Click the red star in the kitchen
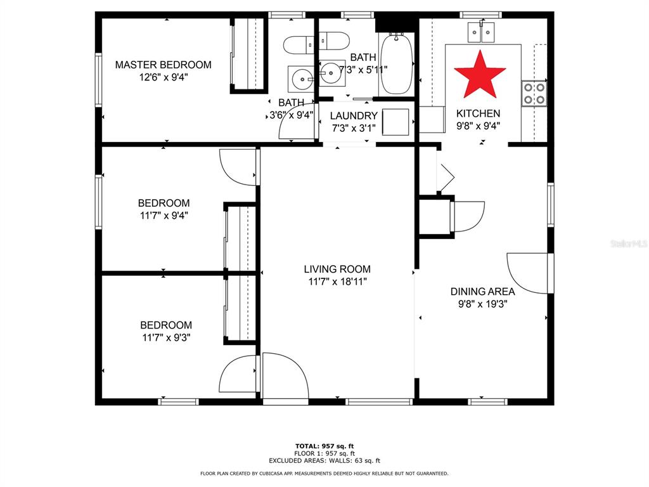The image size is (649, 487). click(x=480, y=75)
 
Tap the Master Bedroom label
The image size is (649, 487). click(x=163, y=65)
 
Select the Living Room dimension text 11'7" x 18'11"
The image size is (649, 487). click(x=337, y=282)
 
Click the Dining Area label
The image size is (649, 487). click(x=482, y=292)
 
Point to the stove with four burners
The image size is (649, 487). click(x=534, y=94)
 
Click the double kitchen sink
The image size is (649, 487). click(x=481, y=32)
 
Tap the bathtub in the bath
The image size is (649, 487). click(x=397, y=64)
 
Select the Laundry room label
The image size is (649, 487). click(x=354, y=115)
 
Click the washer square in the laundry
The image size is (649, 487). click(x=395, y=122)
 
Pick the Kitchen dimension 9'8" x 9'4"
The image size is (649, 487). click(x=478, y=126)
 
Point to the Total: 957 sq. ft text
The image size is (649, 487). click(x=324, y=446)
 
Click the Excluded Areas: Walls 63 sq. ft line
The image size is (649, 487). click(x=324, y=460)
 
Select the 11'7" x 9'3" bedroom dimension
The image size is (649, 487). click(x=166, y=337)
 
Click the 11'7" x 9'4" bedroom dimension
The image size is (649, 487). click(x=164, y=216)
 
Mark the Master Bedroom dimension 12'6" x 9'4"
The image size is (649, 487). click(x=164, y=77)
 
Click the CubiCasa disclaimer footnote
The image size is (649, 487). click(x=324, y=473)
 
